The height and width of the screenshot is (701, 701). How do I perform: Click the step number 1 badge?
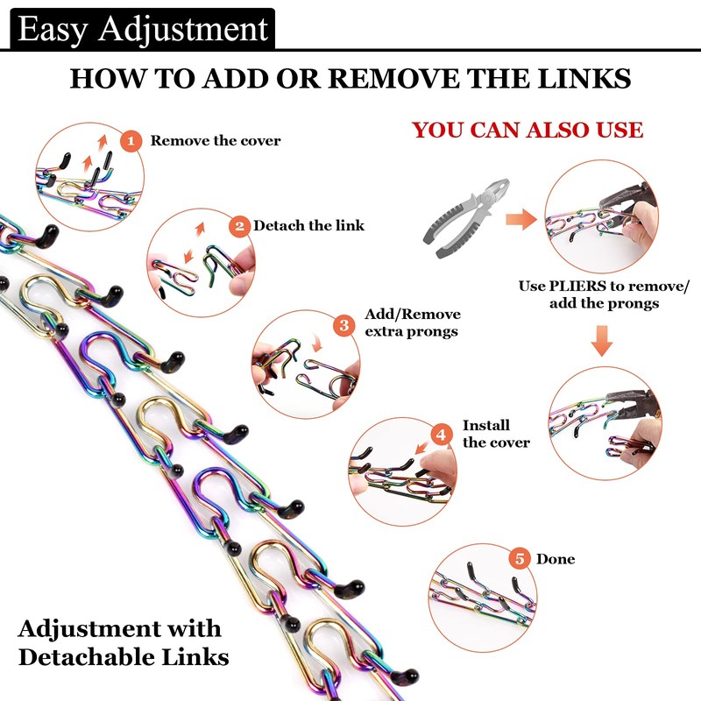click(x=131, y=140)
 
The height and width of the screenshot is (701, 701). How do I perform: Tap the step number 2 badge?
click(x=239, y=225)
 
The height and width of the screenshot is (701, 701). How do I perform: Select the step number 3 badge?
click(x=344, y=325)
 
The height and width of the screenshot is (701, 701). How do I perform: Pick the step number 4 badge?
click(x=442, y=434)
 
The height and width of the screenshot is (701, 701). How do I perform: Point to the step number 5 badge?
click(x=520, y=558)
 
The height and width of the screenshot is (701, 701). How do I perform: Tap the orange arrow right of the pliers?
click(x=522, y=220)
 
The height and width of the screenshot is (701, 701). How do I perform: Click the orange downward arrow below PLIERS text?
click(x=600, y=341)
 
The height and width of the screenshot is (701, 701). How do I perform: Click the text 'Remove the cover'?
click(x=216, y=140)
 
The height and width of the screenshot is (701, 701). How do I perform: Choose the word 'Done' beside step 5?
click(x=556, y=559)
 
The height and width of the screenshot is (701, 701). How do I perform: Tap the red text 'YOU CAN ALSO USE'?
click(x=528, y=131)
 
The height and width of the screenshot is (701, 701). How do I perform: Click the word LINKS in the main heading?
click(x=585, y=79)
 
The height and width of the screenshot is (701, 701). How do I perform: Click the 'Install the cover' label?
click(x=496, y=434)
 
